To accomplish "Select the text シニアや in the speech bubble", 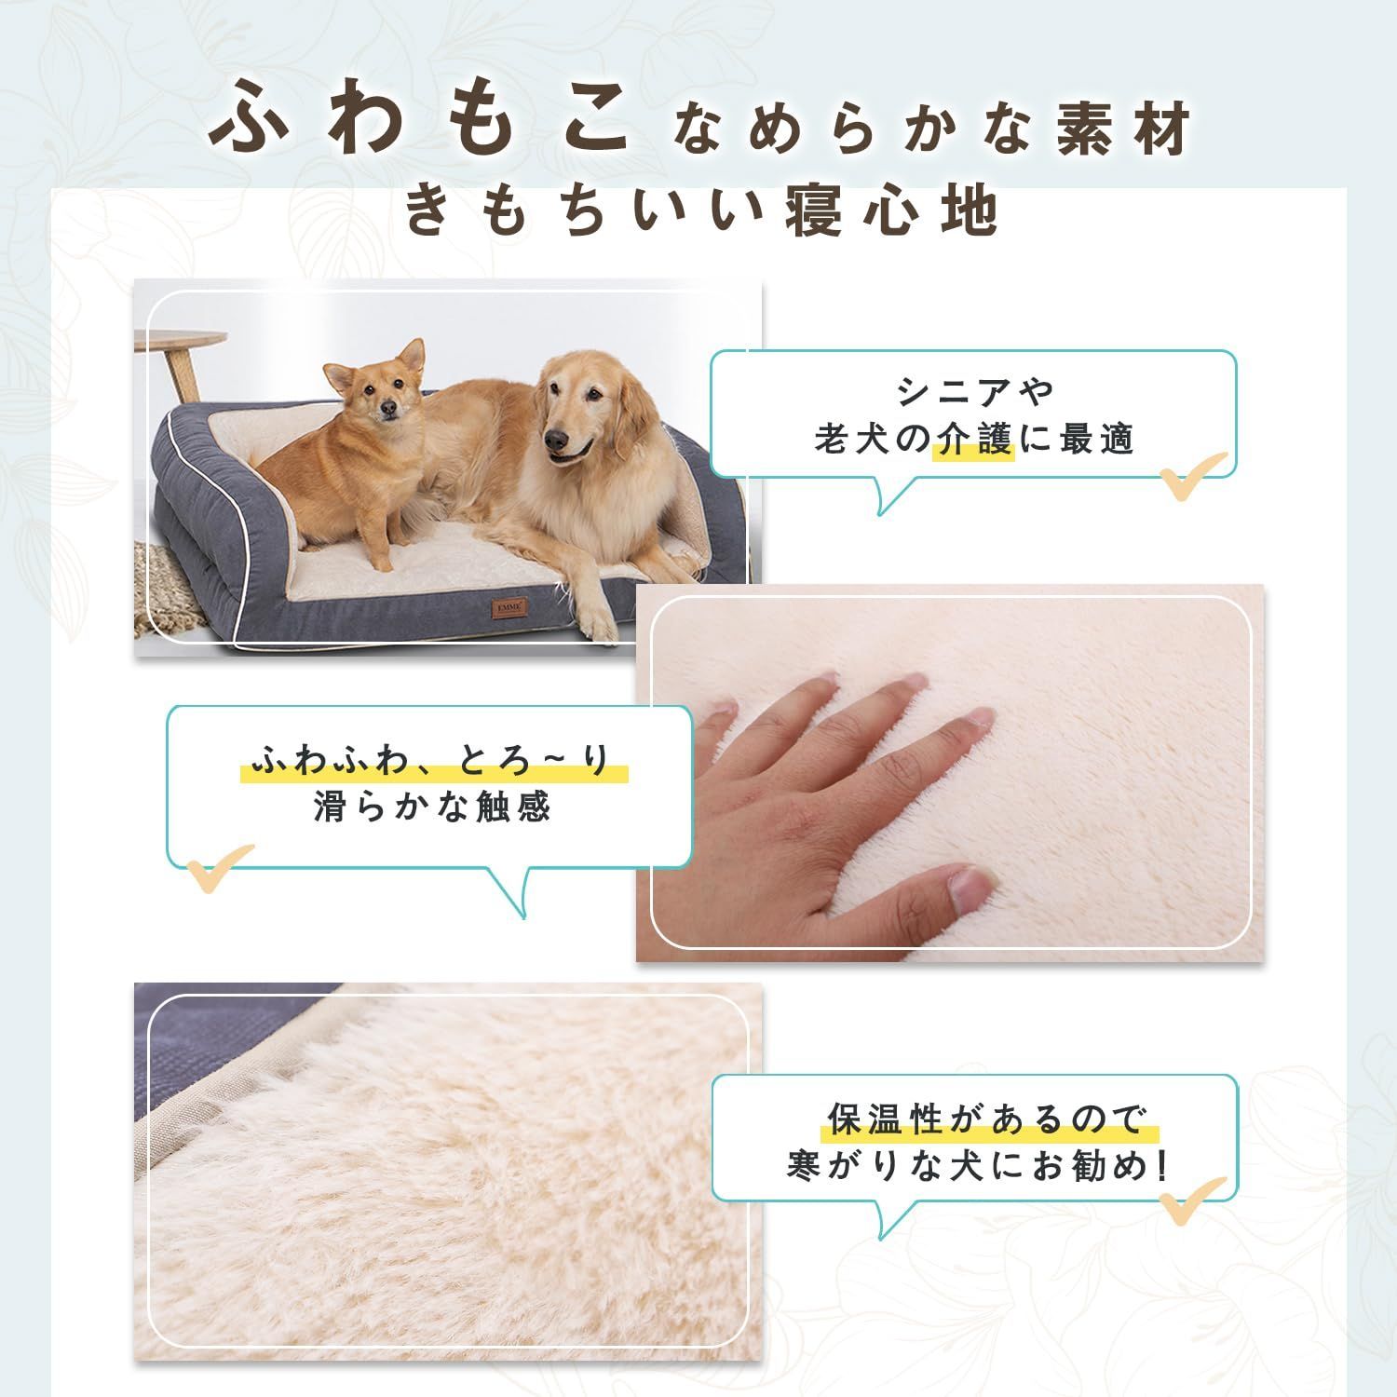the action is (x=975, y=389).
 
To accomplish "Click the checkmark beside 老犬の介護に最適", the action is (x=1193, y=475).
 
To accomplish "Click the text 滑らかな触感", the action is (x=433, y=807).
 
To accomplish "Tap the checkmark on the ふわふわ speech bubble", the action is (x=220, y=867).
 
